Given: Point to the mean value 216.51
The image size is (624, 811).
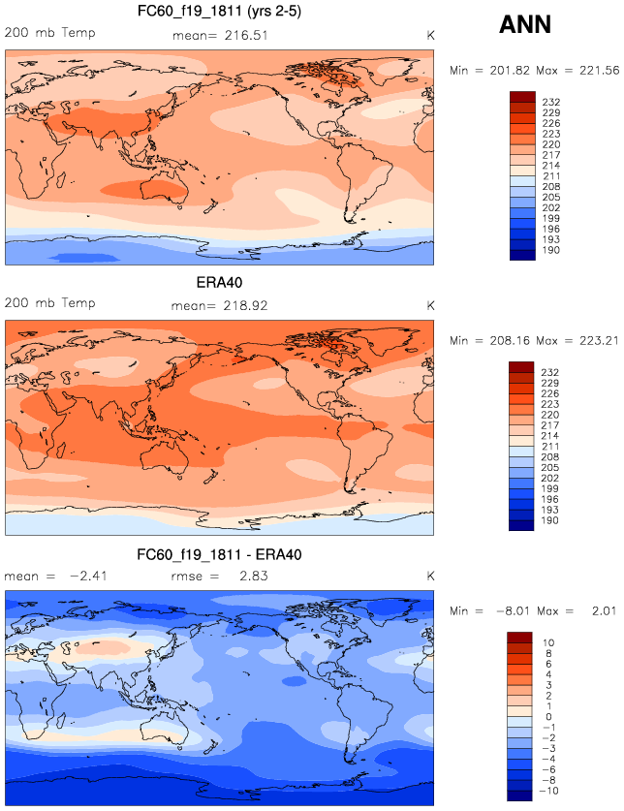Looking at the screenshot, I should click(246, 35).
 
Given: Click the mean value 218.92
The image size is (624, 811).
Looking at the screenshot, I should click(246, 305).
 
